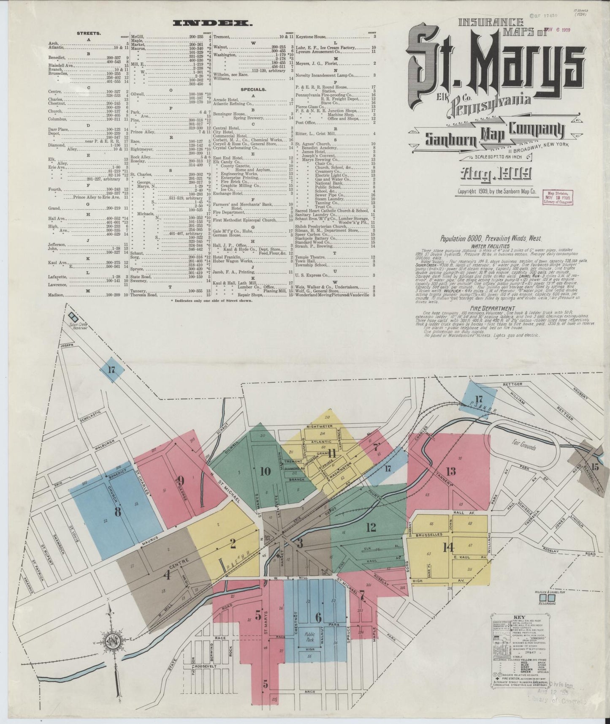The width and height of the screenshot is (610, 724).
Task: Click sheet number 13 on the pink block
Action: [450, 471]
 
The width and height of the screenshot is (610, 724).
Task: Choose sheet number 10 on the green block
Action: [265, 471]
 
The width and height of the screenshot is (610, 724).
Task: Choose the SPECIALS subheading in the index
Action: [253, 90]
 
